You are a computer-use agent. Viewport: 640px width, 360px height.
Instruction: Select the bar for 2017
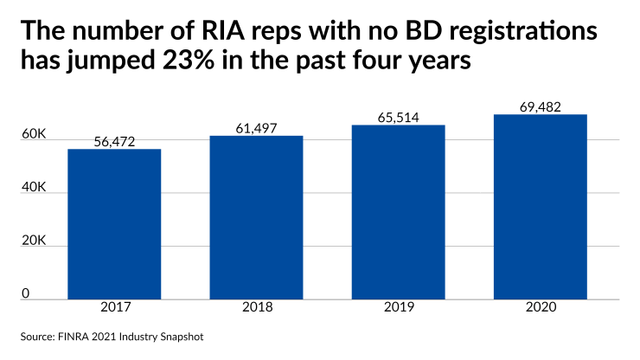(x=114, y=223)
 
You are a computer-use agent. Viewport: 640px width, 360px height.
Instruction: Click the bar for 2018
(x=256, y=217)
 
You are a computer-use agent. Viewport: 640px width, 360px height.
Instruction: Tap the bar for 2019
(x=398, y=212)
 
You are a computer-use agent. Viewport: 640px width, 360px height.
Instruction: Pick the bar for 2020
(x=541, y=207)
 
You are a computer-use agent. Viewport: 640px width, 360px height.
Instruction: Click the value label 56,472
(x=114, y=140)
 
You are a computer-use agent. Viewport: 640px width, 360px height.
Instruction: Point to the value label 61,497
(x=256, y=127)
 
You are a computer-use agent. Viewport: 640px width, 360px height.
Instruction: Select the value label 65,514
(x=398, y=116)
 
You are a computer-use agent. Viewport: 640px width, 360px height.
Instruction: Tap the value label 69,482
(x=541, y=106)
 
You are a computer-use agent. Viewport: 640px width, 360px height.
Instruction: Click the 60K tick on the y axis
(x=35, y=134)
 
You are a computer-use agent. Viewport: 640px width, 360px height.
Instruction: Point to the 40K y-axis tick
(x=35, y=188)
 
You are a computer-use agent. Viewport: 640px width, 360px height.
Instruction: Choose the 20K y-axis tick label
(x=35, y=241)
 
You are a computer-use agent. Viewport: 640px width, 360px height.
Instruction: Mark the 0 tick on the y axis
(x=26, y=294)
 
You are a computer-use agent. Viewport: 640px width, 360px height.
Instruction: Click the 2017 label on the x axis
(x=114, y=308)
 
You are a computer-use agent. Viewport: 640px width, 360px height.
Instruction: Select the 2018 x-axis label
(x=256, y=308)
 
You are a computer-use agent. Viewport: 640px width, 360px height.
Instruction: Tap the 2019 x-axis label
(x=398, y=308)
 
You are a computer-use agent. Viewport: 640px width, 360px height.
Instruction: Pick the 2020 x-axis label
(x=541, y=308)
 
